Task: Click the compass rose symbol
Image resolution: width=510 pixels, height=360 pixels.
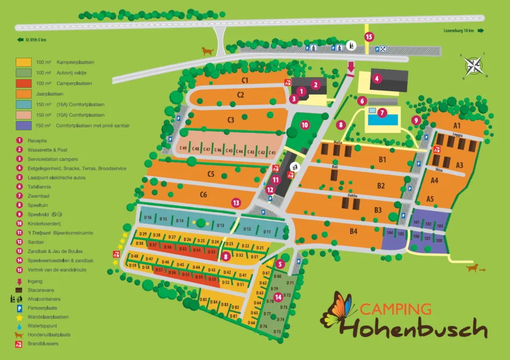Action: pos(473,65)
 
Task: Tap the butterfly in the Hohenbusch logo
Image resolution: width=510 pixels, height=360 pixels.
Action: pos(338,310)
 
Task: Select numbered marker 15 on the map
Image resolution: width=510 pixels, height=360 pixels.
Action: pos(368,36)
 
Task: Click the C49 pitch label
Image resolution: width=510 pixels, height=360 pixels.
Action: pos(183,149)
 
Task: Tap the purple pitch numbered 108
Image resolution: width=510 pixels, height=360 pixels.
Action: pos(439,240)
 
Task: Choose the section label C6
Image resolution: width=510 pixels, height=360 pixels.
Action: pos(203,194)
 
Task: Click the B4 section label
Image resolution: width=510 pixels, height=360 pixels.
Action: pos(353,231)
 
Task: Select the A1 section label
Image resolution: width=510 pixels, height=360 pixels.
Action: pos(457,125)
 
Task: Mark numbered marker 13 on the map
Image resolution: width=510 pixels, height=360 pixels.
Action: pos(236,202)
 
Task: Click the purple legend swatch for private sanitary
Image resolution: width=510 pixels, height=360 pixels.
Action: pos(23,126)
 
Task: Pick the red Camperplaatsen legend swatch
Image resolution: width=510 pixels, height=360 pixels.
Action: pos(23,83)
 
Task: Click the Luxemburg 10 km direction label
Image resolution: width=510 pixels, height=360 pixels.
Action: pos(457,30)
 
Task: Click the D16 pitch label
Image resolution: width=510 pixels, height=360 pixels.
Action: pos(148,218)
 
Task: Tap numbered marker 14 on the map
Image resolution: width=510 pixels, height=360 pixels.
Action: pos(278,297)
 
